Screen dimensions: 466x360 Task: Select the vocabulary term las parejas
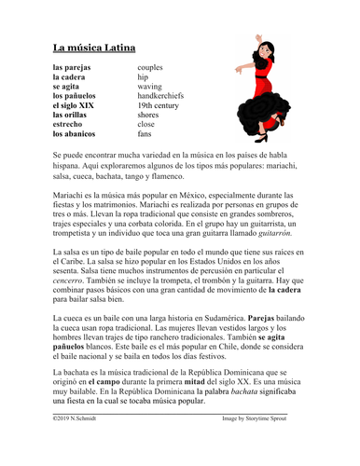(71, 68)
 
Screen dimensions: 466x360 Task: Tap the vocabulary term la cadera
(69, 77)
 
